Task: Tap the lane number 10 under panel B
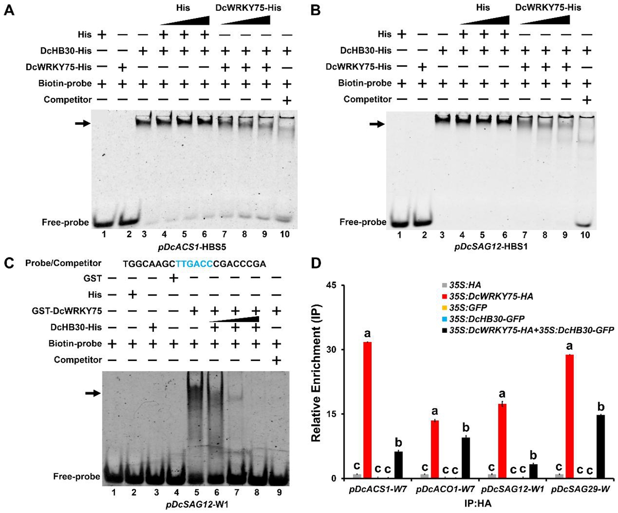(x=585, y=236)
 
